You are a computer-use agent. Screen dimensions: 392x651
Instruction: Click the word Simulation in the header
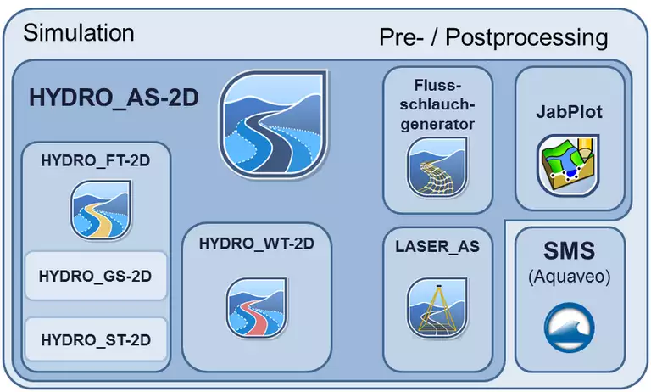pyautogui.click(x=79, y=33)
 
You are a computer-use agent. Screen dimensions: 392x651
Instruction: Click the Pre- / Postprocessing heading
pyautogui.click(x=492, y=37)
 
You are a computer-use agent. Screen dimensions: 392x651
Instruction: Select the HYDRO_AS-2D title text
pyautogui.click(x=114, y=98)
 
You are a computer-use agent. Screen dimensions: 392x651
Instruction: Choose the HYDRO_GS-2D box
pyautogui.click(x=95, y=276)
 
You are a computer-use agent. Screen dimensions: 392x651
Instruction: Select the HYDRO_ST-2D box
pyautogui.click(x=95, y=340)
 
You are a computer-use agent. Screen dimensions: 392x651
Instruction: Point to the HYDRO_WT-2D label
pyautogui.click(x=257, y=244)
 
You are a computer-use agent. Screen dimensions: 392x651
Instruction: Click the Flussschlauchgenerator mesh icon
pyautogui.click(x=437, y=169)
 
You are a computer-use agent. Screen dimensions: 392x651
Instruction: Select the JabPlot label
pyautogui.click(x=570, y=112)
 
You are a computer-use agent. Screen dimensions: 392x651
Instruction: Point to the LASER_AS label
pyautogui.click(x=437, y=247)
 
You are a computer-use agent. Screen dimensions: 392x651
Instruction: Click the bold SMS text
pyautogui.click(x=570, y=252)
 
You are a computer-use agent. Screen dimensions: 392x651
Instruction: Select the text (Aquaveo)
pyautogui.click(x=570, y=277)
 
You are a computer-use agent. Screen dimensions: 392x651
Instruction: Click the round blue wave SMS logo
pyautogui.click(x=570, y=328)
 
